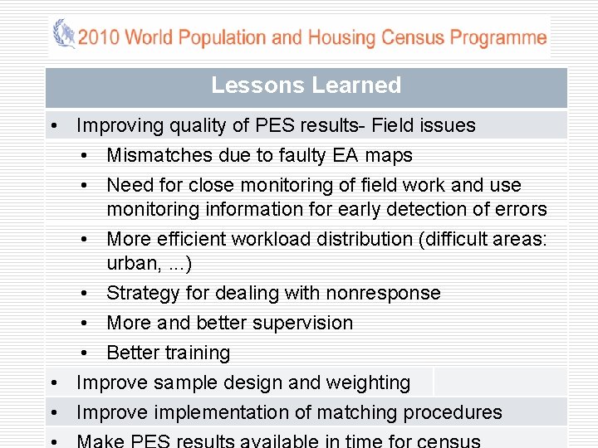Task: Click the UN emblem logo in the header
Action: click(63, 35)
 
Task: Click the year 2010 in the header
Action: click(98, 37)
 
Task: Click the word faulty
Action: click(306, 156)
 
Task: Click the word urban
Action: click(131, 263)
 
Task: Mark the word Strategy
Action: click(140, 293)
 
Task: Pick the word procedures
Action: click(453, 412)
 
